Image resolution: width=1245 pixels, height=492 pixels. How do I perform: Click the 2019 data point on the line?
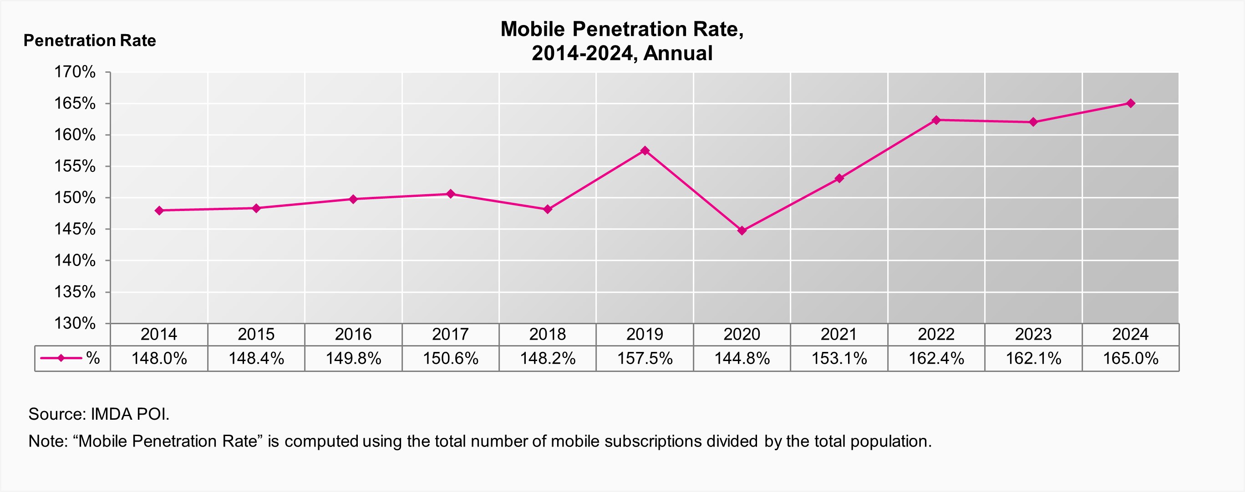(645, 151)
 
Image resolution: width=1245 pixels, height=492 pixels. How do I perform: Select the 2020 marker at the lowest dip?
(742, 231)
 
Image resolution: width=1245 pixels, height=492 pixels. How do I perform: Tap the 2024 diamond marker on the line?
(1130, 103)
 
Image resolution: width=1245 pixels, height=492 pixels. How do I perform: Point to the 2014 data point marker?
(159, 211)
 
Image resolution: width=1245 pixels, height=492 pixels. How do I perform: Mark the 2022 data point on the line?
(936, 120)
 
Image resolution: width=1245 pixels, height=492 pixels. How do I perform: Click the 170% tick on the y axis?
(75, 72)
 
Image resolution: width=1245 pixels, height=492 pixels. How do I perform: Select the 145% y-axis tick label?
(75, 229)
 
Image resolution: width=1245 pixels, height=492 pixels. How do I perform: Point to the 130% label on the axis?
(75, 323)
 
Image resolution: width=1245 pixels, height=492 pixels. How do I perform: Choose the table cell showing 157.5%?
(645, 359)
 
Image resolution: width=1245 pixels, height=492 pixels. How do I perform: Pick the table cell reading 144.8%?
(742, 359)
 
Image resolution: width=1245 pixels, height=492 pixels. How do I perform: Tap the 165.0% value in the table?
(1130, 359)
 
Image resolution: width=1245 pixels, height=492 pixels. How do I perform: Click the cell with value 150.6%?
(451, 359)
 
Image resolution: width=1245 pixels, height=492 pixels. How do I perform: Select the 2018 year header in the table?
(547, 334)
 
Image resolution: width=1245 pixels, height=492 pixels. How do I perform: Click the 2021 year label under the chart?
(838, 334)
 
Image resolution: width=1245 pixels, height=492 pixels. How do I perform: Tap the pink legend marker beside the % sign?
(61, 358)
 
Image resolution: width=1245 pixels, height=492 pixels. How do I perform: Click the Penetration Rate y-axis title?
(89, 40)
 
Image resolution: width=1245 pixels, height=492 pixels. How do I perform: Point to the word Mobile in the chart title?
(532, 30)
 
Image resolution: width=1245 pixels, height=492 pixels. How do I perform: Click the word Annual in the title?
(678, 53)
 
